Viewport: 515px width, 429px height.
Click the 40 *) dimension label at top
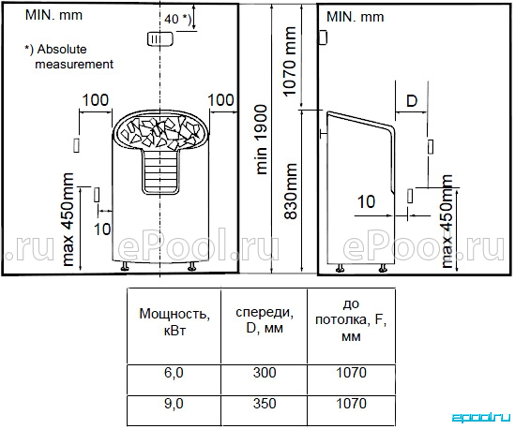pos(177,19)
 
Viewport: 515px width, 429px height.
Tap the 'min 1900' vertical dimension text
pos(262,140)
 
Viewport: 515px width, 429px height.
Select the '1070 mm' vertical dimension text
pos(289,62)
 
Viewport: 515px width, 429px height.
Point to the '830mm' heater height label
pos(290,191)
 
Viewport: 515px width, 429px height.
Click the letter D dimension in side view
pos(412,101)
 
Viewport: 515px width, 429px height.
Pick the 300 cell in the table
pos(265,373)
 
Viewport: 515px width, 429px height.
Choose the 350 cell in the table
pos(265,404)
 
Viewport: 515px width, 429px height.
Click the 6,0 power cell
pos(174,373)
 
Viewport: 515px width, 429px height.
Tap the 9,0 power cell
pos(174,404)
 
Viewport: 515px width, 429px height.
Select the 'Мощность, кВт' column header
pos(174,322)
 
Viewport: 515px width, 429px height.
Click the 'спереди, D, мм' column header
pos(265,319)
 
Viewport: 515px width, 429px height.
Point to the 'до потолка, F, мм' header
pos(351,319)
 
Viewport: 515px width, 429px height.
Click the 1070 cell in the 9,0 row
pos(351,404)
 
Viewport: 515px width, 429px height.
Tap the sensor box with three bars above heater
pos(160,39)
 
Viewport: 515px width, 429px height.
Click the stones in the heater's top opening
pos(160,132)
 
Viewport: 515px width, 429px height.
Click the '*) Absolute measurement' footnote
pos(69,56)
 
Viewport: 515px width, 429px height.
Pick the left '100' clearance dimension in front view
pos(96,100)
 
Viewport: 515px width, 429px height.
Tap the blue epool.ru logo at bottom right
pos(481,418)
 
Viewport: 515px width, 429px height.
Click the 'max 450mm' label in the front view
pos(68,219)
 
